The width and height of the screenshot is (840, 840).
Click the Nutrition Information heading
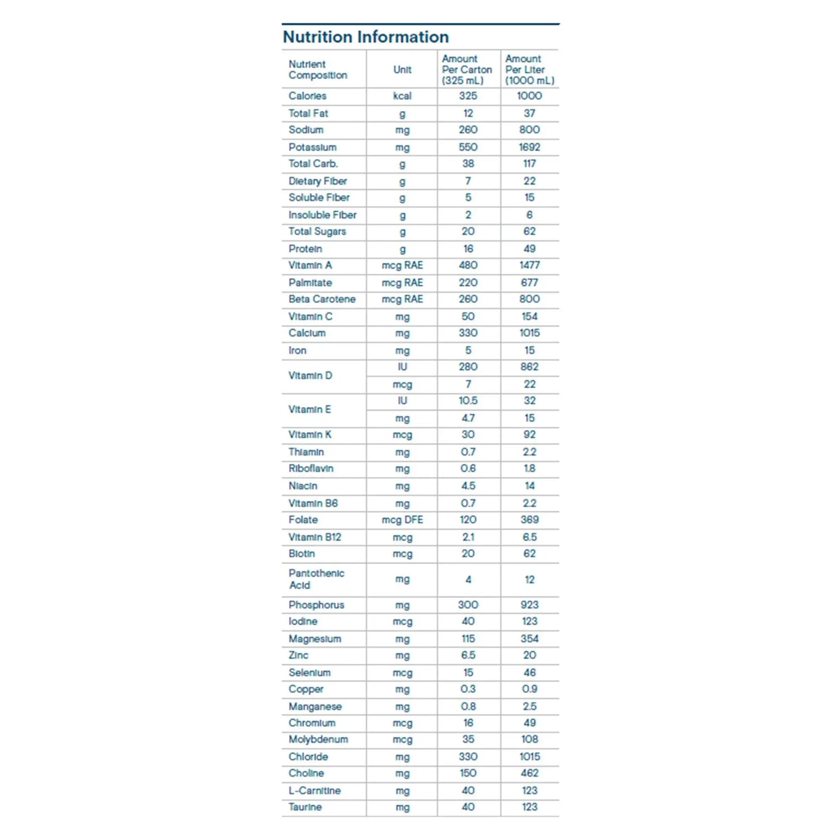366,37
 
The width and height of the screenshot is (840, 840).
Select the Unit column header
402,69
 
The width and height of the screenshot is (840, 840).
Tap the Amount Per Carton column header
466,69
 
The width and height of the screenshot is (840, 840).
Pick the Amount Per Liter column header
529,69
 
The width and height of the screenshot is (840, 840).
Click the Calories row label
307,96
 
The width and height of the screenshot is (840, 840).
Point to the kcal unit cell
402,96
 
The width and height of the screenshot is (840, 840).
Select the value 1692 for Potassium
529,147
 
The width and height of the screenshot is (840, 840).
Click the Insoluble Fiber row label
322,215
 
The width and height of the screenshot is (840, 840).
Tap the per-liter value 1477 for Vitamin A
529,265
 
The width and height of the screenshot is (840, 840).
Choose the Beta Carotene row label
322,299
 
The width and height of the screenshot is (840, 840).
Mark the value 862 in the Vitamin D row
529,367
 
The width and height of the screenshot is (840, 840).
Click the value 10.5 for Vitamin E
468,401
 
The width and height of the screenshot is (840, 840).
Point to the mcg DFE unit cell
402,520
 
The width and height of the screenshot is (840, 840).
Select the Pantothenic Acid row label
316,579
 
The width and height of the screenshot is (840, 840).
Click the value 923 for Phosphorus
529,605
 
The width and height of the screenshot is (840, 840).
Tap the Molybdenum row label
318,739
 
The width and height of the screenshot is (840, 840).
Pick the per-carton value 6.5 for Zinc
468,655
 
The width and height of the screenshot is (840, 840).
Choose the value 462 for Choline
529,773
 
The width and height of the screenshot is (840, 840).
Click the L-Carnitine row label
314,791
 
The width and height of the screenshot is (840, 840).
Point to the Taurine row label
305,807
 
